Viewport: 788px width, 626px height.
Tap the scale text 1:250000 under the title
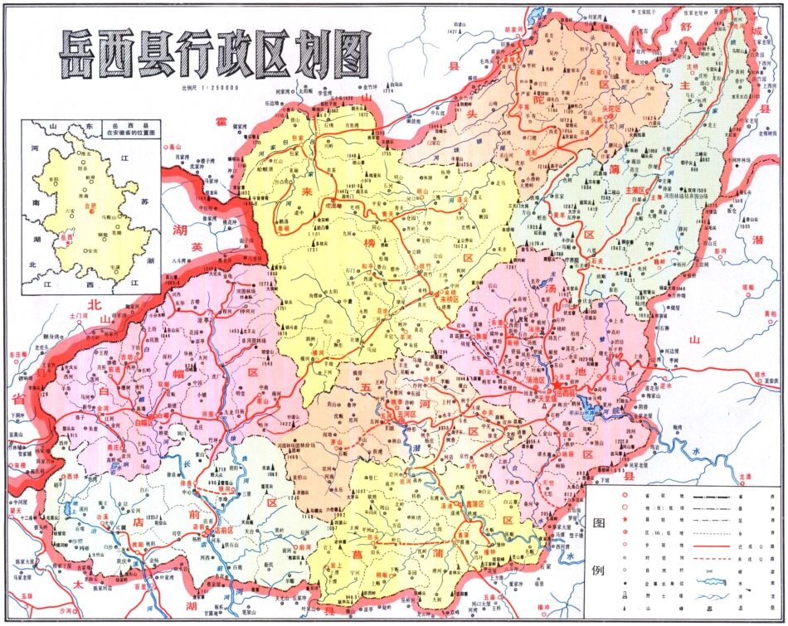point(211,87)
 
